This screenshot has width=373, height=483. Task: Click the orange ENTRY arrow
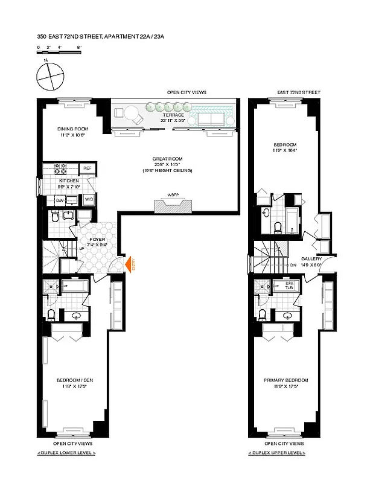pos(128,263)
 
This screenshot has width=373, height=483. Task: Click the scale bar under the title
pos(59,53)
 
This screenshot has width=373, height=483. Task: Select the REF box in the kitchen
pos(88,168)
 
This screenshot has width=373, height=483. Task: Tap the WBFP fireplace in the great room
pos(173,205)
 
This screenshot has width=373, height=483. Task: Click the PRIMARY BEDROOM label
pos(285,380)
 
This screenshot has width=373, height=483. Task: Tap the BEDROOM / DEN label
pos(75,380)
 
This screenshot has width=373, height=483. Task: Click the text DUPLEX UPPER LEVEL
pos(276,452)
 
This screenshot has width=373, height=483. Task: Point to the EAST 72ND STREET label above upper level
pos(299,92)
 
